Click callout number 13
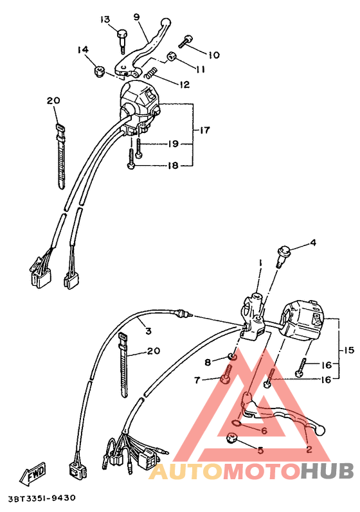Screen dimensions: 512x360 (x=105, y=19)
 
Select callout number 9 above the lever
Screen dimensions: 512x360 (x=136, y=16)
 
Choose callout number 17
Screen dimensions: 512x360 (x=204, y=130)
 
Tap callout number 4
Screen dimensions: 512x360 (x=313, y=243)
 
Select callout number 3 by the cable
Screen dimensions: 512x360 (x=148, y=331)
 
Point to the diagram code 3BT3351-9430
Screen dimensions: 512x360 (x=42, y=499)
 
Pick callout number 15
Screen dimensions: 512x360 (x=348, y=350)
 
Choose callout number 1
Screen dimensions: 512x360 (x=261, y=263)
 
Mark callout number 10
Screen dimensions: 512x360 (x=213, y=55)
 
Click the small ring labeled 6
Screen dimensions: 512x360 (x=238, y=423)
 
